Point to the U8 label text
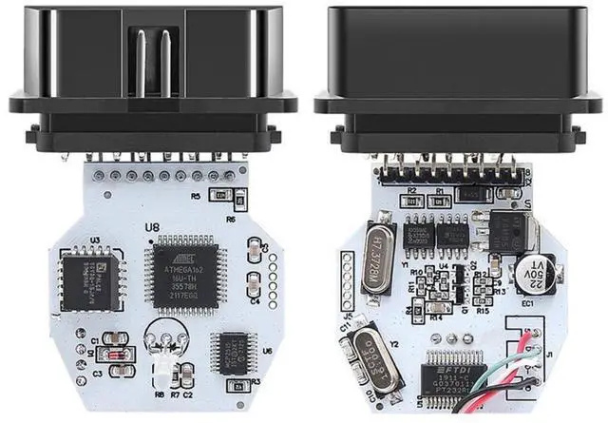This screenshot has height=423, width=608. coord(150,227)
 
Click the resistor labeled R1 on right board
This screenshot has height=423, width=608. coord(439,200)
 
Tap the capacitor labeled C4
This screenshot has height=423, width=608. coord(254,284)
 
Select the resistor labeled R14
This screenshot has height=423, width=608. coord(438,308)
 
